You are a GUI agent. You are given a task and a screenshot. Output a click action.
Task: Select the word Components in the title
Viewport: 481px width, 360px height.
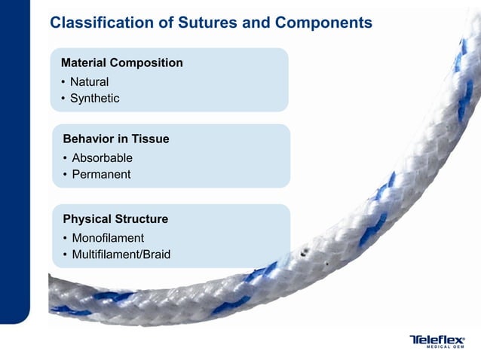pyautogui.click(x=323, y=23)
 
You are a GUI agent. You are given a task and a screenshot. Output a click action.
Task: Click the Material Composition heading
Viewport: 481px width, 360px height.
pyautogui.click(x=121, y=63)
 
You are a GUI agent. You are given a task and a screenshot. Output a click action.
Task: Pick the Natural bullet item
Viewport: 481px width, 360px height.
pyautogui.click(x=89, y=81)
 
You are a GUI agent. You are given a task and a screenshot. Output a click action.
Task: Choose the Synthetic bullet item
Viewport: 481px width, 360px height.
pyautogui.click(x=94, y=98)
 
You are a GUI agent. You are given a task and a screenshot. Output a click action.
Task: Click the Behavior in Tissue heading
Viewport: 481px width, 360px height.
pyautogui.click(x=115, y=139)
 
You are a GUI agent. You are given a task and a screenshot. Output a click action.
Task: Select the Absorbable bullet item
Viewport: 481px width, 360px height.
pyautogui.click(x=102, y=158)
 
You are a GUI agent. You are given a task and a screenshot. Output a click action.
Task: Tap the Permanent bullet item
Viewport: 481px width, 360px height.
pyautogui.click(x=101, y=175)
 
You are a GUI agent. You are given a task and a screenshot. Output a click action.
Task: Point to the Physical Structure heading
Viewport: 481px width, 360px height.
pyautogui.click(x=115, y=219)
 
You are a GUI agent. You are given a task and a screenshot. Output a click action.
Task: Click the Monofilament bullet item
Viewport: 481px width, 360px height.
pyautogui.click(x=108, y=238)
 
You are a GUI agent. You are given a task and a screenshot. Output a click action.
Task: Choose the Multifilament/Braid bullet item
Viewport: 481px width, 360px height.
pyautogui.click(x=121, y=255)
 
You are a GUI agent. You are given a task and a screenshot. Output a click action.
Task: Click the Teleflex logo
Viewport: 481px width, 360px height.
pyautogui.click(x=437, y=340)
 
